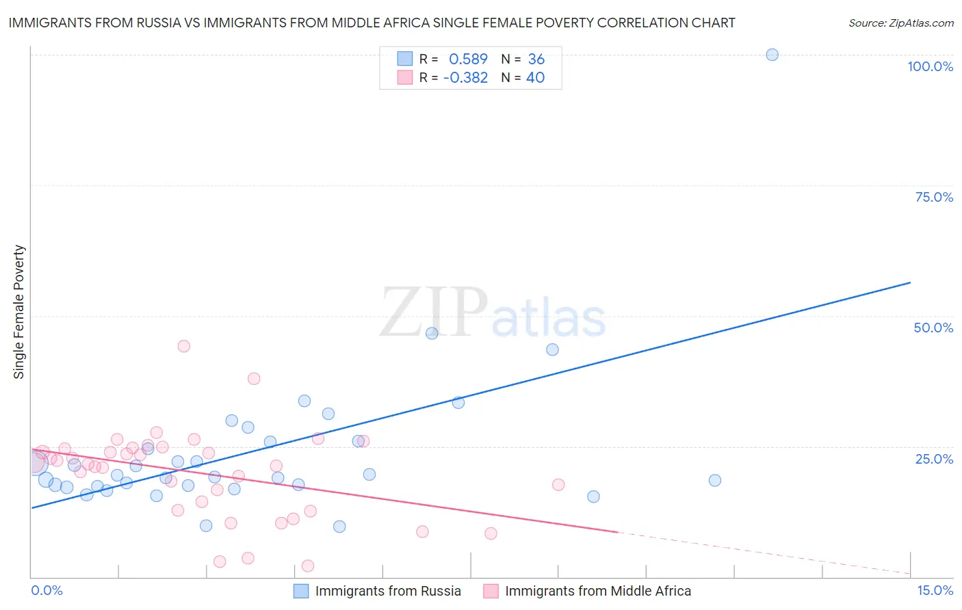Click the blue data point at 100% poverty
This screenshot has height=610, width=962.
(x=772, y=55)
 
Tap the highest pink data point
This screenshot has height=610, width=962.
(x=183, y=346)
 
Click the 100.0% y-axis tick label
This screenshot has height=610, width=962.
(x=930, y=66)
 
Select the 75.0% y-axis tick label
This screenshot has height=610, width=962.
(x=934, y=197)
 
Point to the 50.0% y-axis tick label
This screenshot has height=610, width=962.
(x=933, y=328)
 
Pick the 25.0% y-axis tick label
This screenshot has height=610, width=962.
(x=934, y=459)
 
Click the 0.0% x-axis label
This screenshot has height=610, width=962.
(x=47, y=590)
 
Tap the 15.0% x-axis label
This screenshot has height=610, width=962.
(x=935, y=590)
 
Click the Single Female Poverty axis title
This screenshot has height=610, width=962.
(x=19, y=312)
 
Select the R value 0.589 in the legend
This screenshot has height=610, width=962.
(x=468, y=59)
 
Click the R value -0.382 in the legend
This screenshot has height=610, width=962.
(x=465, y=78)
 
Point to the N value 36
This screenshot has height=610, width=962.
(x=536, y=59)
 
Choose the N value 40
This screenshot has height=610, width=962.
(x=535, y=78)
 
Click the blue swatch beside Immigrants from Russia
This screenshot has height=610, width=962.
(x=301, y=591)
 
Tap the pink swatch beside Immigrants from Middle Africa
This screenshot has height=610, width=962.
(x=491, y=591)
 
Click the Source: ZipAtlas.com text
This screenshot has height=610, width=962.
(x=900, y=23)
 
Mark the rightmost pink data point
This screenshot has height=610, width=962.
(x=558, y=484)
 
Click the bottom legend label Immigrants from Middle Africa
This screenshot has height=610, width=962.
(x=598, y=591)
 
